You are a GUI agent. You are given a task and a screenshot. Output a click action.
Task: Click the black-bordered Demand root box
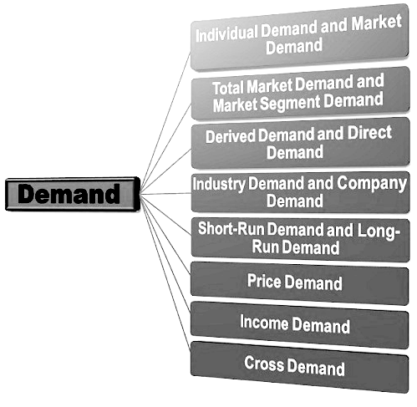pyautogui.click(x=73, y=194)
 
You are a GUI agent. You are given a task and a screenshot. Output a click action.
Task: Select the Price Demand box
pyautogui.click(x=299, y=283)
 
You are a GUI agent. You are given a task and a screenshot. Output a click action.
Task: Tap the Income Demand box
pyautogui.click(x=299, y=324)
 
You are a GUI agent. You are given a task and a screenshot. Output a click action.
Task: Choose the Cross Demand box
pyautogui.click(x=299, y=367)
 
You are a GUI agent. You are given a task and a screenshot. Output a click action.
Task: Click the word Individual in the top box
pyautogui.click(x=226, y=33)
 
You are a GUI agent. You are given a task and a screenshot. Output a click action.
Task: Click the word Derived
pyautogui.click(x=230, y=136)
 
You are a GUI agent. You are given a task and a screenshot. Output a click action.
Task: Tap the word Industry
pyautogui.click(x=219, y=184)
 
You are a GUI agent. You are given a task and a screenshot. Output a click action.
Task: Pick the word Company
pyautogui.click(x=372, y=184)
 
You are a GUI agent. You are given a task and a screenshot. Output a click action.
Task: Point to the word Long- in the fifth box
pyautogui.click(x=379, y=231)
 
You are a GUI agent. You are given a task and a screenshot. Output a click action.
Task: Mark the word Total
pyautogui.click(x=229, y=88)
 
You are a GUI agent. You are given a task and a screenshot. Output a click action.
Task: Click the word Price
pyautogui.click(x=264, y=281)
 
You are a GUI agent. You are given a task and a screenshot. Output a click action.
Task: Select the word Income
pyautogui.click(x=264, y=322)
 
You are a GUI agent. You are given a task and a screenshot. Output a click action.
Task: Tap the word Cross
pyautogui.click(x=264, y=364)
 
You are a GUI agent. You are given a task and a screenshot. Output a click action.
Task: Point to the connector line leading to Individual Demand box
pyautogui.click(x=165, y=122)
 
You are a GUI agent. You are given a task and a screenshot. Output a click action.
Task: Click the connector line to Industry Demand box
pyautogui.click(x=165, y=193)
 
